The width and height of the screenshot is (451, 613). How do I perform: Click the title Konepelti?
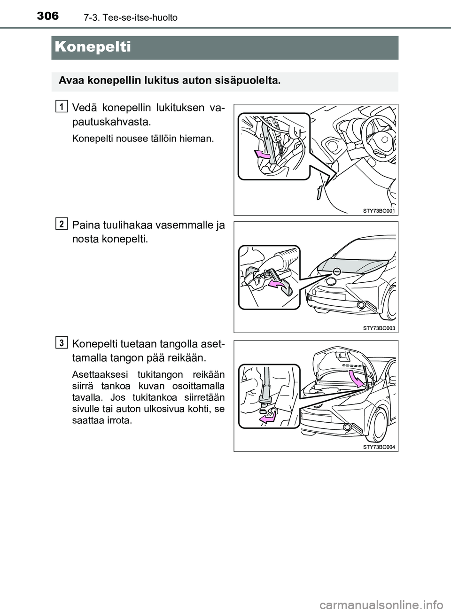(x=92, y=47)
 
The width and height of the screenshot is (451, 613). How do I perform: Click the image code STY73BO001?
(x=380, y=211)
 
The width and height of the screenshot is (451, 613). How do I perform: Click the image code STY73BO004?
(x=380, y=447)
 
